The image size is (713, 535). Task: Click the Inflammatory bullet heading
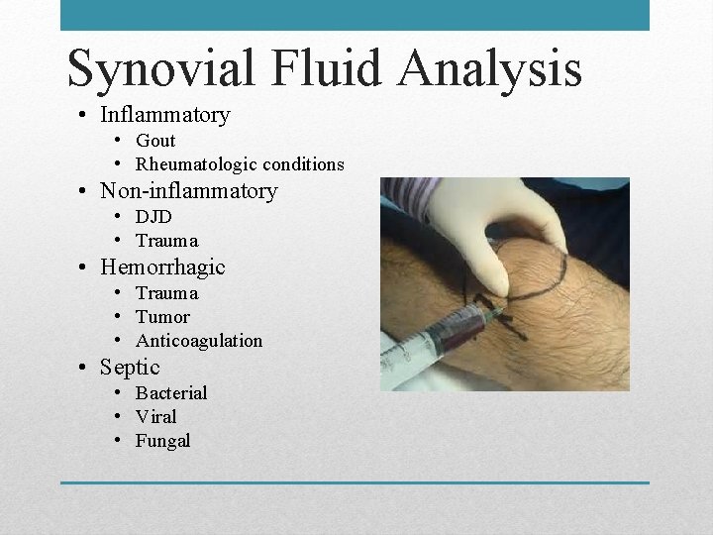(164, 115)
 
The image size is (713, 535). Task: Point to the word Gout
(155, 141)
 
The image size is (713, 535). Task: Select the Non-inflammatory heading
(188, 191)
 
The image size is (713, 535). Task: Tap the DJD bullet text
(153, 217)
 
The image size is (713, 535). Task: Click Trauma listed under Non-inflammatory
(166, 241)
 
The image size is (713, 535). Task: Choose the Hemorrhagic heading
(162, 267)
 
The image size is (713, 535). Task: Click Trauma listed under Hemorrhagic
(166, 293)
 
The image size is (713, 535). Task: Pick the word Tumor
(162, 317)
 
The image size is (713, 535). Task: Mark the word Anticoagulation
(199, 341)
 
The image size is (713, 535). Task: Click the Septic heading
(130, 368)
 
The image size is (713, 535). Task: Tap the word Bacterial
(171, 393)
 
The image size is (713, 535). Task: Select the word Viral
(156, 417)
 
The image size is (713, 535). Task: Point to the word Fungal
(162, 441)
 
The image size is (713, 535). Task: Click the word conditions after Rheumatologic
(302, 164)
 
